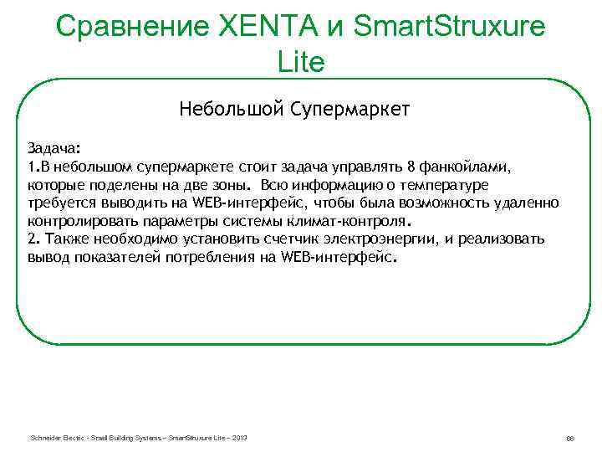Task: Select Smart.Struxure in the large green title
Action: tap(451, 28)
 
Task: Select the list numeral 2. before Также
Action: tap(32, 240)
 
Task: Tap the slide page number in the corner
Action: tap(569, 439)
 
